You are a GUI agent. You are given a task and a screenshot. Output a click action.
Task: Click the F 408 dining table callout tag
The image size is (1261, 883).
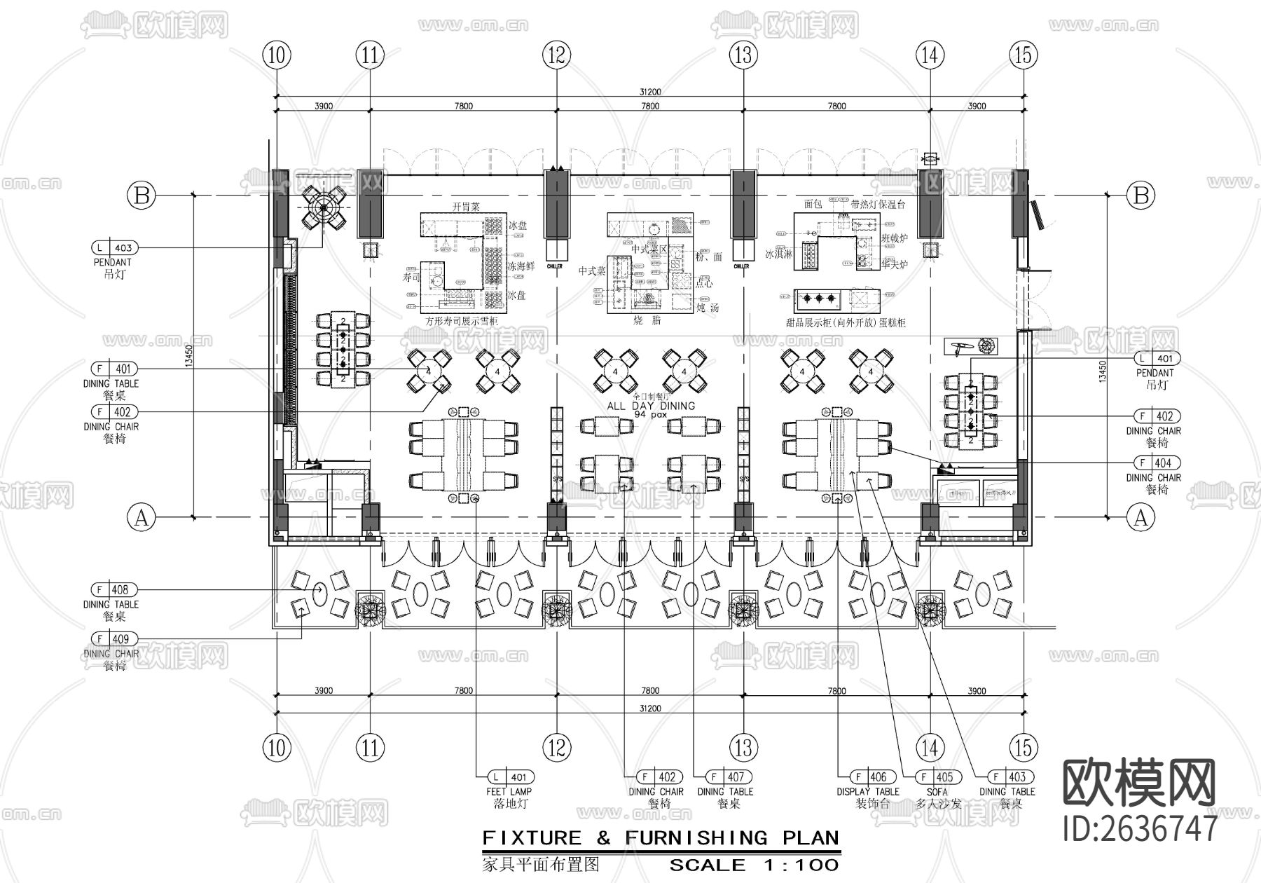tap(114, 590)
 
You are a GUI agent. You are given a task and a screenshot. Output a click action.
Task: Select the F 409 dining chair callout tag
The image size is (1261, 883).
tap(114, 639)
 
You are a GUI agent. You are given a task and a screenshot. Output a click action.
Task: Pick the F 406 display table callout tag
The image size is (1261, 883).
tap(871, 777)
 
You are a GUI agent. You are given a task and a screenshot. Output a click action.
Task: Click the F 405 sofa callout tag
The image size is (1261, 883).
tap(938, 777)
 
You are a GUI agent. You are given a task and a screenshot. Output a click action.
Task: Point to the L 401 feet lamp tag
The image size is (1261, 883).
tap(511, 777)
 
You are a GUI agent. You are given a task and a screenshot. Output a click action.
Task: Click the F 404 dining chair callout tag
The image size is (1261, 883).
tap(1157, 463)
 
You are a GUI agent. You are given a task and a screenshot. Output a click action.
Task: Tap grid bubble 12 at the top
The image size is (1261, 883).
tap(557, 55)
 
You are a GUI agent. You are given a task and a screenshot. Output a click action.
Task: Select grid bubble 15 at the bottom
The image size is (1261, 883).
tap(1024, 748)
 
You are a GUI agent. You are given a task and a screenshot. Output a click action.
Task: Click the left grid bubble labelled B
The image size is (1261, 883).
tap(142, 195)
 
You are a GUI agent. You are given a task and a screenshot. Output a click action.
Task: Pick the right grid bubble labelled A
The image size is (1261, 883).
tap(1141, 518)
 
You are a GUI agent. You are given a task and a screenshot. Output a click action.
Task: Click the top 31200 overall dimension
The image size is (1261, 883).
tap(649, 92)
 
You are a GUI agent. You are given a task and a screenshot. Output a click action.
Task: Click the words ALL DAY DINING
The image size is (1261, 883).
tap(651, 406)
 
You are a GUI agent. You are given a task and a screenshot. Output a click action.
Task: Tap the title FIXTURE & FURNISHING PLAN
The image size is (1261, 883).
tap(661, 838)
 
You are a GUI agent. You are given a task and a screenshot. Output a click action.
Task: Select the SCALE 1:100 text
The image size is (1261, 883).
tap(754, 865)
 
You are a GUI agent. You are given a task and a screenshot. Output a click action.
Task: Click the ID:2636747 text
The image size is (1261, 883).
tap(1140, 830)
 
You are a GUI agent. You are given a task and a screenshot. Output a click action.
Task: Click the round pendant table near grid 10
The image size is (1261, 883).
tap(324, 207)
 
